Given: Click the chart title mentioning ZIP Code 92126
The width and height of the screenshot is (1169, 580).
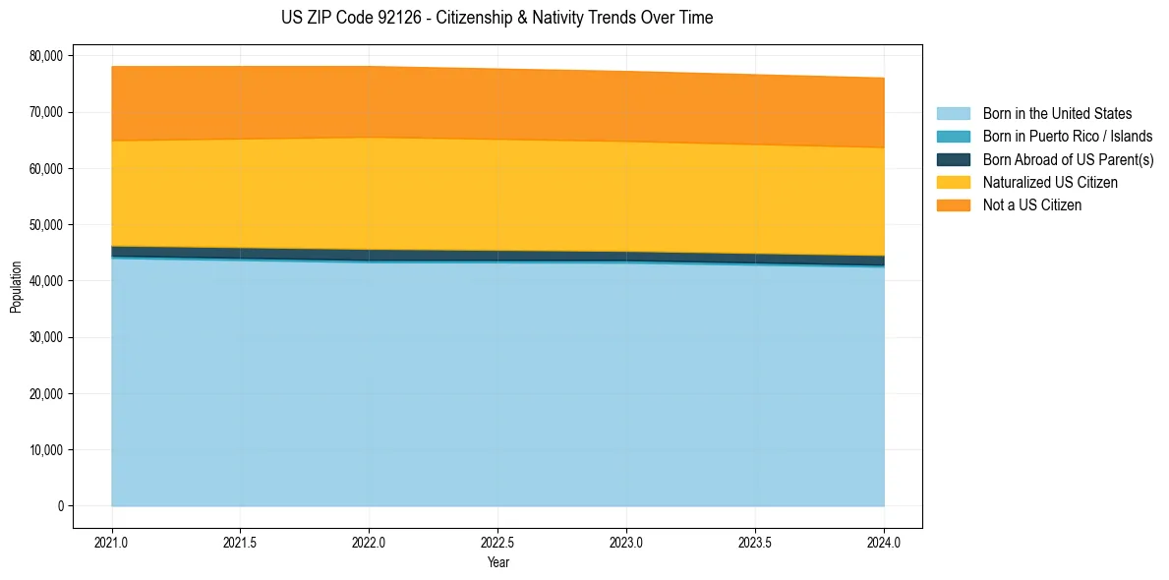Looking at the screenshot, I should [x=497, y=18].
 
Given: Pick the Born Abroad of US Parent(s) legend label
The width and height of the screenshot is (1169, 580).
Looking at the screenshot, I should [x=1068, y=159].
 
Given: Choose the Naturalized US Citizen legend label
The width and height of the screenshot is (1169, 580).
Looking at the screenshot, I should [x=1050, y=182].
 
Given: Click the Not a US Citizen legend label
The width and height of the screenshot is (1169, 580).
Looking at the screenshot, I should [x=1031, y=205].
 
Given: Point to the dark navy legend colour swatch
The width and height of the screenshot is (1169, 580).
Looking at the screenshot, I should [x=953, y=159].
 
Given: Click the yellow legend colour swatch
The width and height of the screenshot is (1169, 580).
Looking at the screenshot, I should [x=953, y=182].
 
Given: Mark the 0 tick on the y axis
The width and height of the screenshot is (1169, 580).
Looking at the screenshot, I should [x=59, y=506].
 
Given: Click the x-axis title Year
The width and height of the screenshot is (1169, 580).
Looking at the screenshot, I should [x=497, y=562].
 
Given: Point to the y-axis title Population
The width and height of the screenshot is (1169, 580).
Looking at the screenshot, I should [x=16, y=287].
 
